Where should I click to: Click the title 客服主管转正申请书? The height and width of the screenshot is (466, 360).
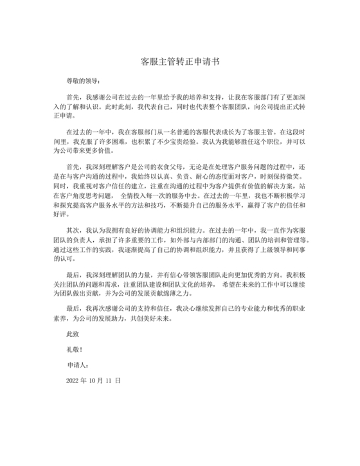coord(179,62)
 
